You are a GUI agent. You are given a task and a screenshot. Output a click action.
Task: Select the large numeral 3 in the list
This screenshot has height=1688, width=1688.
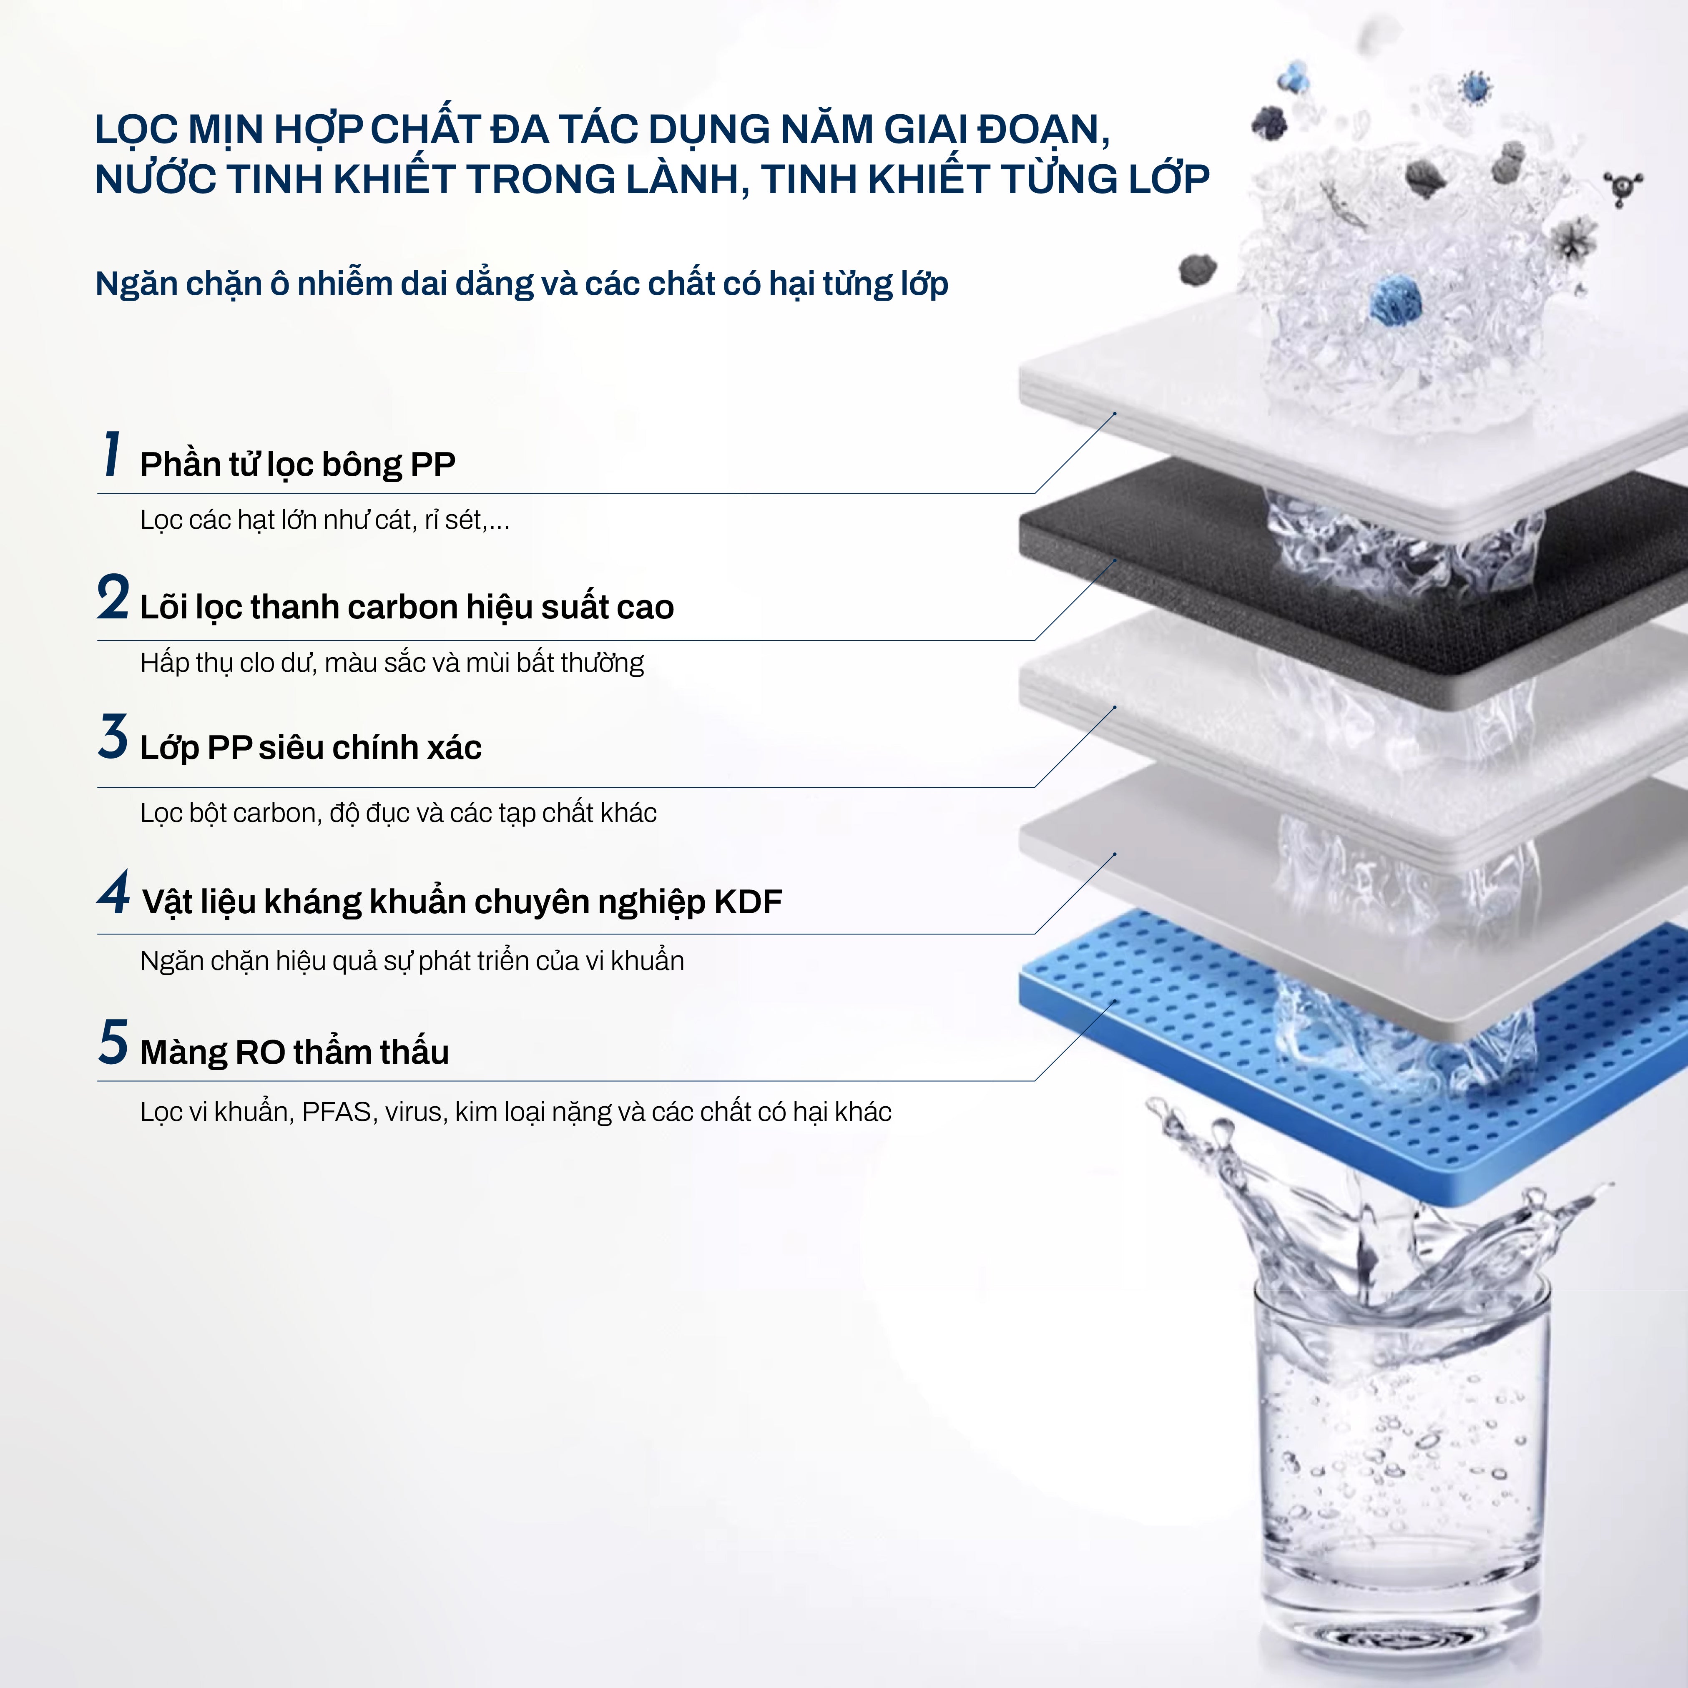point(113,736)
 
